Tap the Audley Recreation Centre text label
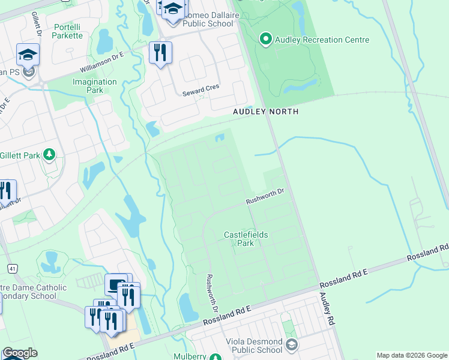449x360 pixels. [x=322, y=40]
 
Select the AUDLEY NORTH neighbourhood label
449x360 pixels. [x=265, y=112]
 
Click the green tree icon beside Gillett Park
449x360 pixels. [x=49, y=155]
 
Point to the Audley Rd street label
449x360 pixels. [x=326, y=309]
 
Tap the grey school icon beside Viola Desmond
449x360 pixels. [x=292, y=345]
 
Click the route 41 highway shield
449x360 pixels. [x=11, y=267]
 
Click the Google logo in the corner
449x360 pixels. [x=20, y=353]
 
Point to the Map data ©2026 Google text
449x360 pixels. [x=412, y=355]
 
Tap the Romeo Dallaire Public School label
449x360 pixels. [x=199, y=19]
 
